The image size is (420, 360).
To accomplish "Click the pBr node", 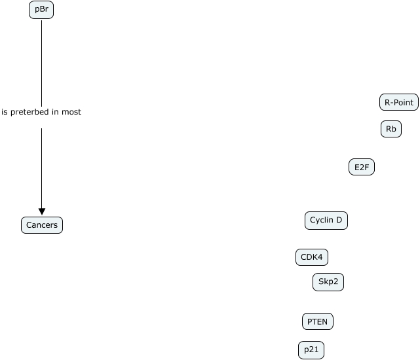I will [41, 10].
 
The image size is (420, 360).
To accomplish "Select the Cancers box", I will [42, 225].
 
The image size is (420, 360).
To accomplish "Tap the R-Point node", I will [398, 102].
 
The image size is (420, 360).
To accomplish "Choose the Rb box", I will [391, 130].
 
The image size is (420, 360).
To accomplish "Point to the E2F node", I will [362, 168].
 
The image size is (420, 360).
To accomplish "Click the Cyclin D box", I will [326, 221].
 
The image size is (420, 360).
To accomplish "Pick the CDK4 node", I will [311, 257].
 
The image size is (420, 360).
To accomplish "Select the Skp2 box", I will [328, 282].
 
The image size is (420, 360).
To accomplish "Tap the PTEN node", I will [318, 321].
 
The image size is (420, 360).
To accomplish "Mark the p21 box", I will [311, 350].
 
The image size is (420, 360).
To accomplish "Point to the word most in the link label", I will [71, 112].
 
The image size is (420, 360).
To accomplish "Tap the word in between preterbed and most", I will [54, 112].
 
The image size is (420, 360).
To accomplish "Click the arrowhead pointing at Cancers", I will [41, 211].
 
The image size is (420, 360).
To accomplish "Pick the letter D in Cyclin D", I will [339, 221].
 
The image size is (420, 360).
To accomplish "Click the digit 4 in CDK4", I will [320, 257].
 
